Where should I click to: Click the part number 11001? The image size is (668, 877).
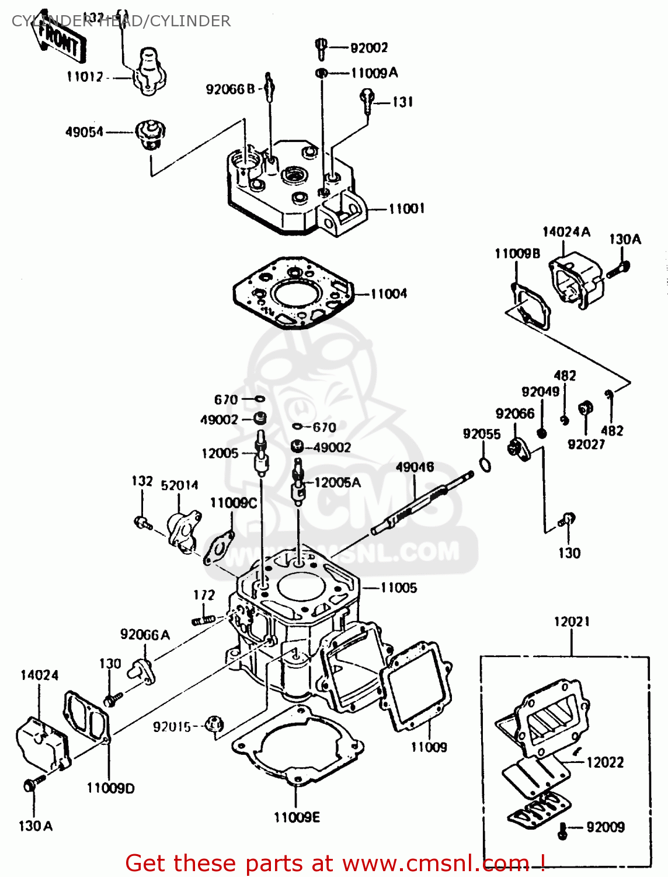[406, 209]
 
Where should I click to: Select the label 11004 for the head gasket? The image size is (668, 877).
[388, 294]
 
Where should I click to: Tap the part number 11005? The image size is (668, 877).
[399, 588]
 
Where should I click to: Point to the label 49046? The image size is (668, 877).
[415, 467]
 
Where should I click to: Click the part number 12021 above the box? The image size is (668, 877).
[572, 622]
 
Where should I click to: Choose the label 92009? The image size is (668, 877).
[606, 827]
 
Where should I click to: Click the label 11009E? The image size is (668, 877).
[297, 817]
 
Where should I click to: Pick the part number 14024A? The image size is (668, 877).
[566, 232]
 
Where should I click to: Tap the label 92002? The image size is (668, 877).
[369, 48]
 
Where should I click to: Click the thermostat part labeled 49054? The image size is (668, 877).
[150, 134]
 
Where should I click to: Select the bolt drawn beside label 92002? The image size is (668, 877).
[321, 47]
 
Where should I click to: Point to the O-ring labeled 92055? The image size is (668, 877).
[485, 464]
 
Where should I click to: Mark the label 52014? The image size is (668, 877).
[179, 485]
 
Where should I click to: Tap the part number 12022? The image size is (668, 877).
[605, 762]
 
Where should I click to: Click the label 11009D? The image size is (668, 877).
[110, 788]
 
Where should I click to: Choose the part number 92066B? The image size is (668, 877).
[230, 89]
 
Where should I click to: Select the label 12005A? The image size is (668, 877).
[337, 482]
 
